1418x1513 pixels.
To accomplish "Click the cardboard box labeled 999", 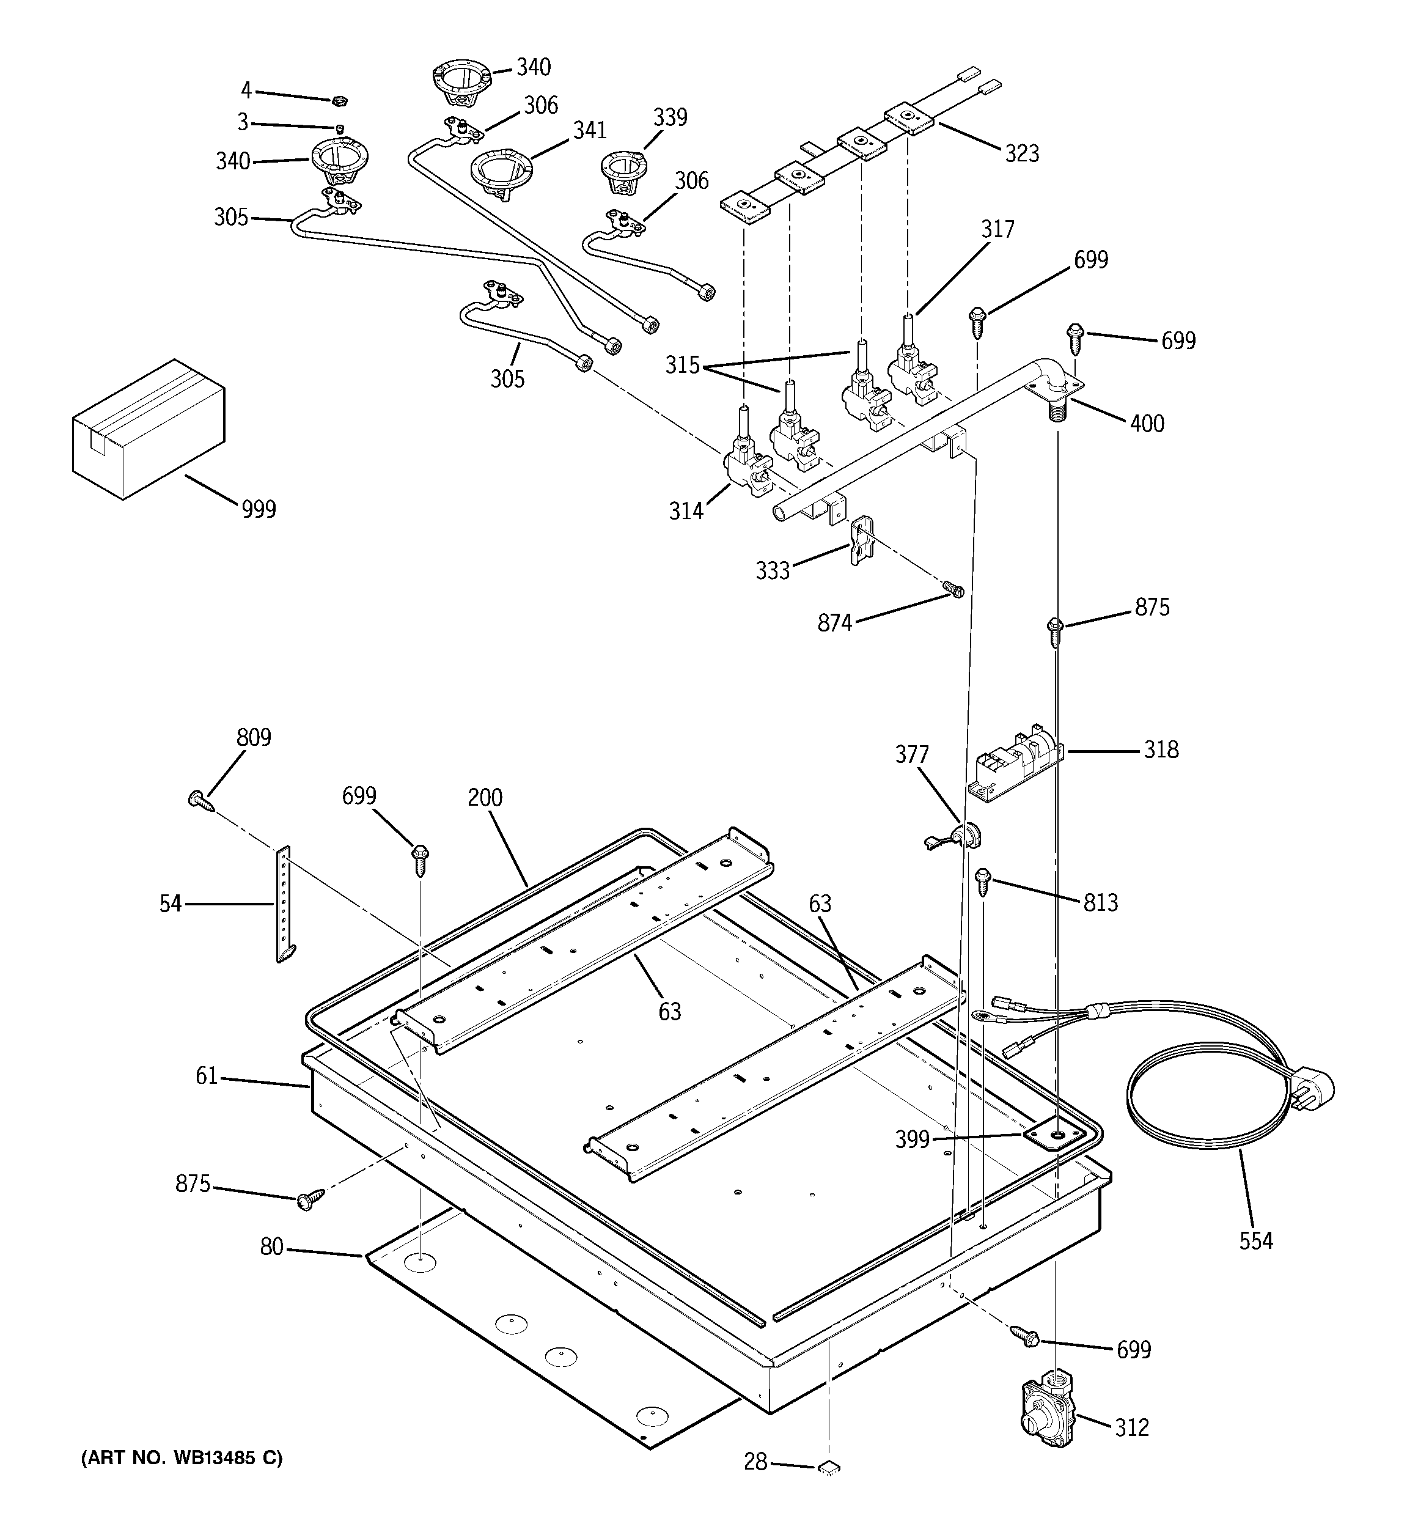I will pos(149,428).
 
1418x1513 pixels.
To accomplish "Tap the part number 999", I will pos(259,509).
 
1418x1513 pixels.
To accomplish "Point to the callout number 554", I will pos(1255,1242).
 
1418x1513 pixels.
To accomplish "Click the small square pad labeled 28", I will pos(829,1466).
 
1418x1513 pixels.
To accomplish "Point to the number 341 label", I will pos(590,131).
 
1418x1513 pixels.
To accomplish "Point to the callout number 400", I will pos(1146,424).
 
